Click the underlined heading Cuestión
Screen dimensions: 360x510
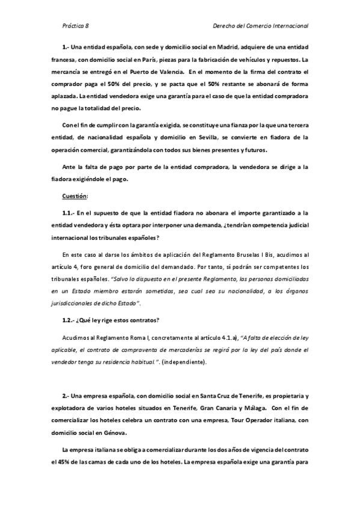click(x=75, y=196)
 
